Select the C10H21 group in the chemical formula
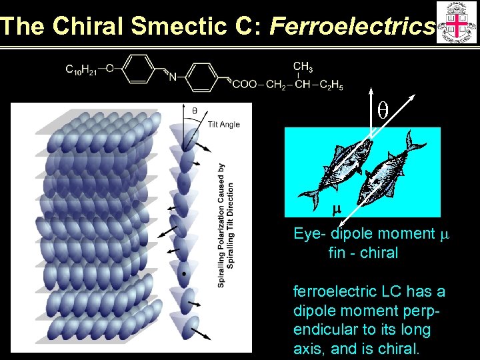pyautogui.click(x=81, y=69)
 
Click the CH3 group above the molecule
pyautogui.click(x=303, y=67)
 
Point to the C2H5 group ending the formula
pyautogui.click(x=331, y=85)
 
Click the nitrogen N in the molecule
pyautogui.click(x=173, y=77)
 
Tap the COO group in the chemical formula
pyautogui.click(x=245, y=85)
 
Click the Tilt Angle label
pyautogui.click(x=223, y=125)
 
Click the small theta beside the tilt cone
pyautogui.click(x=194, y=111)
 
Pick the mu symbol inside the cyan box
pyautogui.click(x=337, y=209)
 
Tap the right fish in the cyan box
pyautogui.click(x=389, y=170)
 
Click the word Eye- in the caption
pyautogui.click(x=311, y=233)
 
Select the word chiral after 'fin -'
pyautogui.click(x=378, y=253)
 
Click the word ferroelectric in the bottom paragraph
pyautogui.click(x=331, y=292)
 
